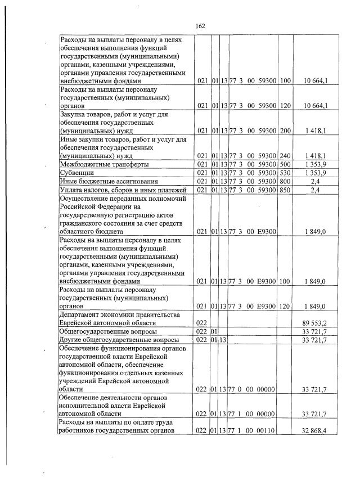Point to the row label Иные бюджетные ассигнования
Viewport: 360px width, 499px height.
tap(109, 181)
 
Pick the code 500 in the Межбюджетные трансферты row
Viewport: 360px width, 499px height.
tap(285, 164)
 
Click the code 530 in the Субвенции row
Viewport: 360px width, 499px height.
tap(285, 173)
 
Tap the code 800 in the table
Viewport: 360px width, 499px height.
tap(285, 181)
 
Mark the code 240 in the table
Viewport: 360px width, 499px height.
tap(285, 155)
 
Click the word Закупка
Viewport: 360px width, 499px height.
tap(75, 114)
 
